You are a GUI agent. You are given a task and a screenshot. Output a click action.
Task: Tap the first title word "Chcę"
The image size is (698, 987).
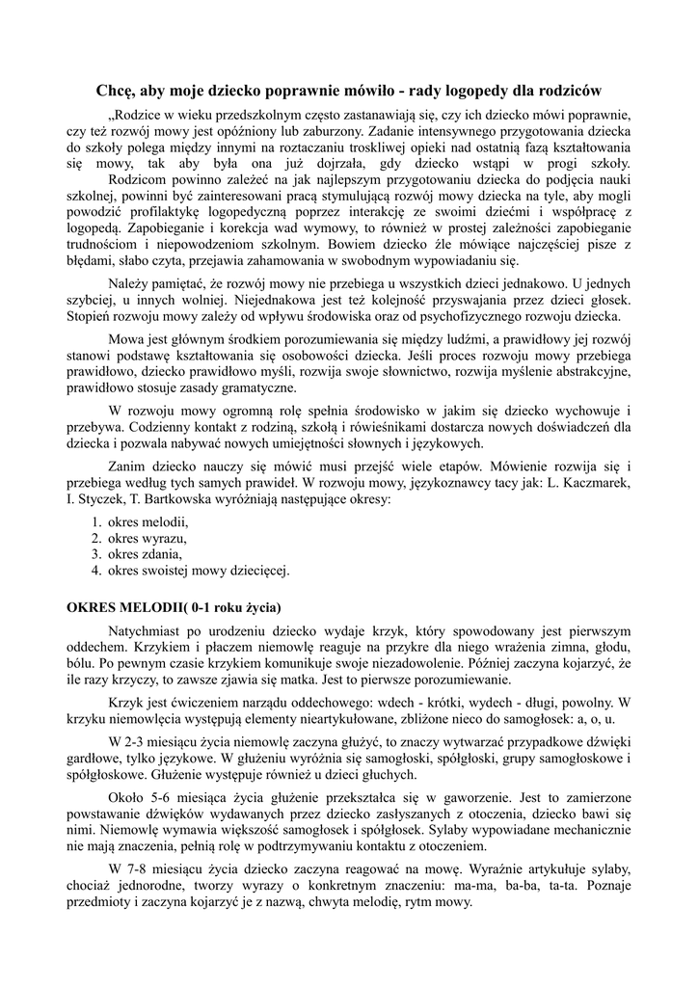tap(115, 91)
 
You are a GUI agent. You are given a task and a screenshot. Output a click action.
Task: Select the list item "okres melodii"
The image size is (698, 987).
tap(148, 521)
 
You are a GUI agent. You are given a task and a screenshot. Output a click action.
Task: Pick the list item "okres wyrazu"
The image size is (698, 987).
tap(148, 538)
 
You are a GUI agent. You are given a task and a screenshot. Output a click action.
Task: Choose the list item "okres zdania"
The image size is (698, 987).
tap(145, 554)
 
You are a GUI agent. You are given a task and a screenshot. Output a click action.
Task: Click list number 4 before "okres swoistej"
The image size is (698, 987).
tap(96, 571)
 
